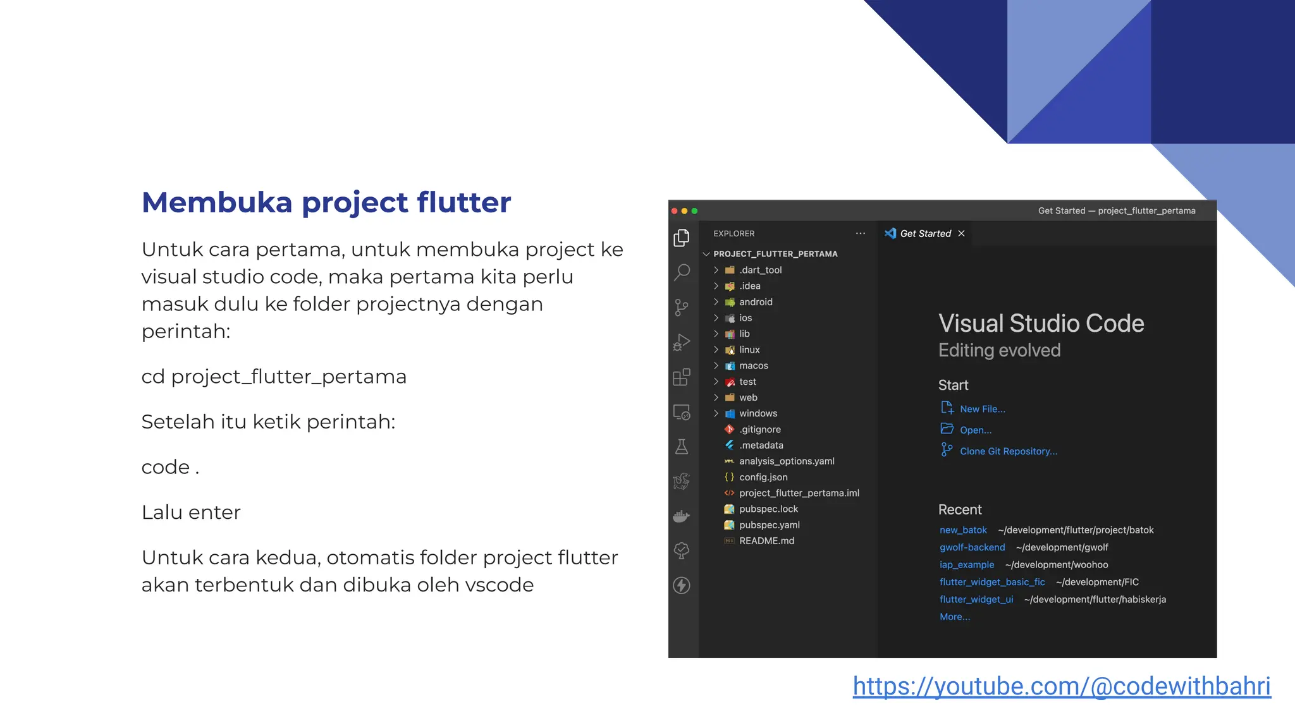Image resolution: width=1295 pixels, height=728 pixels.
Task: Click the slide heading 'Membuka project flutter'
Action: [326, 202]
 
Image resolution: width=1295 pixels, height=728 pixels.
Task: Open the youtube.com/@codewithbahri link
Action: [1061, 686]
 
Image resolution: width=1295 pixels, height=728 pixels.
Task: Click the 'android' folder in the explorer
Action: [756, 302]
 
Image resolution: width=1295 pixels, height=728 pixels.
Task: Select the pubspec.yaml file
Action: [769, 525]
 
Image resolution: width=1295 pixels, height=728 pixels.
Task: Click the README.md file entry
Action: [766, 541]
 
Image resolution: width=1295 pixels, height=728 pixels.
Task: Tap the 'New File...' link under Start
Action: [982, 409]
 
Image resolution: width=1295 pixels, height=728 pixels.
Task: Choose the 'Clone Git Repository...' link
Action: [1008, 451]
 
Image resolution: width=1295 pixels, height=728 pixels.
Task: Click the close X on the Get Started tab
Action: [961, 233]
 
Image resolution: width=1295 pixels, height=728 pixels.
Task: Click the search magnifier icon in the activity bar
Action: [682, 272]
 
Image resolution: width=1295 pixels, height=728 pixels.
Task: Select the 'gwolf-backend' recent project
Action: [972, 547]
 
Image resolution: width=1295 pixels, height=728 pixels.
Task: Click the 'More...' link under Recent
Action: [954, 617]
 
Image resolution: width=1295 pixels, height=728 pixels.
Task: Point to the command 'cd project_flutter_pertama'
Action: [274, 377]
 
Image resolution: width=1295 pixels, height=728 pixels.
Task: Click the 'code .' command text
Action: [170, 467]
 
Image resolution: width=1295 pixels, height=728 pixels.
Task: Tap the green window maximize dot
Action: [694, 211]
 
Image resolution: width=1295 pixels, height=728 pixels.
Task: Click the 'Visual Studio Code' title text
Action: [1041, 324]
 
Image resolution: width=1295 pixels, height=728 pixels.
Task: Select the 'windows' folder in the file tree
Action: [758, 413]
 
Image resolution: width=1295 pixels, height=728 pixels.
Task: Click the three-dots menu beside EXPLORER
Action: [860, 233]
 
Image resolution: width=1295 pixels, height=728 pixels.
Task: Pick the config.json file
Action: [763, 477]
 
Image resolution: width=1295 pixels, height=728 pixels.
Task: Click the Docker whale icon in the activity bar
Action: [682, 516]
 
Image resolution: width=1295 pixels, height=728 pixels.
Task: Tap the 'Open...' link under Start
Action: [975, 430]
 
